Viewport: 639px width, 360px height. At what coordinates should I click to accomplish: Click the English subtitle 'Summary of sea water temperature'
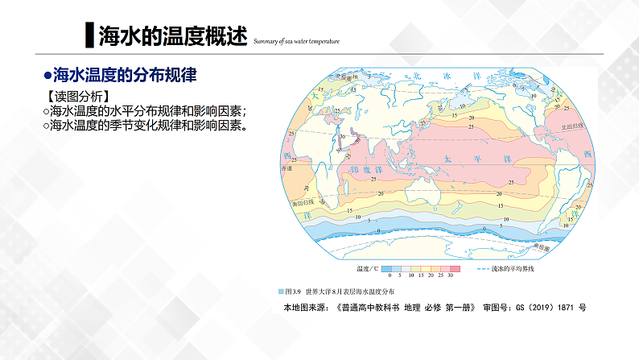point(296,41)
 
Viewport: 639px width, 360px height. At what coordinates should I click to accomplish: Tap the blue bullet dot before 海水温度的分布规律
point(47,77)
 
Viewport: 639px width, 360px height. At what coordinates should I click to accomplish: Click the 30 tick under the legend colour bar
point(451,275)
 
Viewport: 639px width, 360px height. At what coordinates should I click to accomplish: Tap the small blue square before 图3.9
point(281,291)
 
